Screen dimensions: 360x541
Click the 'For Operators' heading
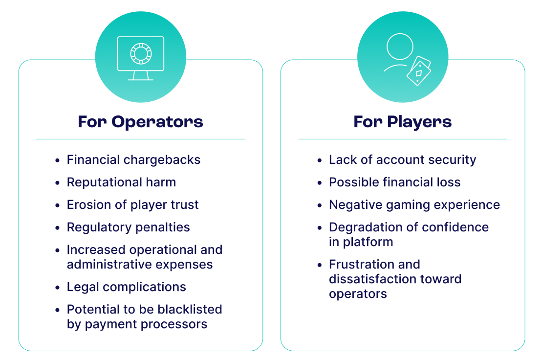click(140, 121)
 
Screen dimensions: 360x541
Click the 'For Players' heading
click(402, 121)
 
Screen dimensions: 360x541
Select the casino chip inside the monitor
click(141, 53)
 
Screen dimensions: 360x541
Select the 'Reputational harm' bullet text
click(121, 182)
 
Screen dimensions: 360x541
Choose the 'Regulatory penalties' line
click(128, 227)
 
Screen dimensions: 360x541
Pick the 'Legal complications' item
click(126, 287)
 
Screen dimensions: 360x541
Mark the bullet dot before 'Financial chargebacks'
click(58, 160)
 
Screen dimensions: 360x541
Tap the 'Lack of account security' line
click(402, 160)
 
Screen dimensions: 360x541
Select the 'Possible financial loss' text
click(394, 182)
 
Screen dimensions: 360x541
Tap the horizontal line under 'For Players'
click(402, 139)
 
